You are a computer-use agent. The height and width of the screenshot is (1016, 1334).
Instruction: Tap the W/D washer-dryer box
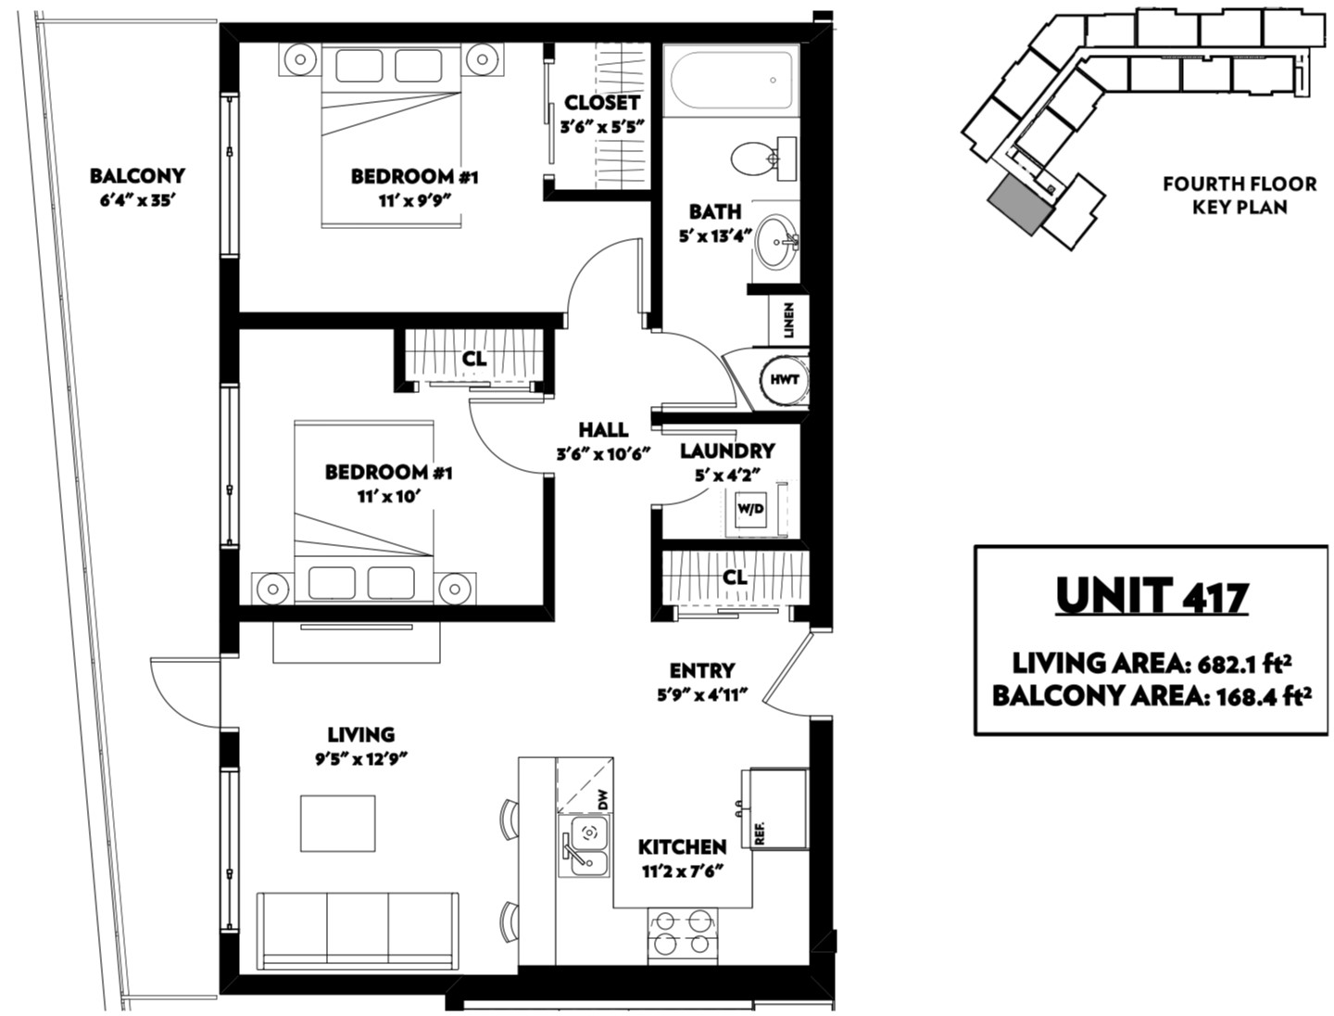[x=750, y=508]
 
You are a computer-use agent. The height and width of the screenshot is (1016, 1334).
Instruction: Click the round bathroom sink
[x=776, y=241]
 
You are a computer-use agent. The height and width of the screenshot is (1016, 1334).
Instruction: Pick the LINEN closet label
[x=789, y=321]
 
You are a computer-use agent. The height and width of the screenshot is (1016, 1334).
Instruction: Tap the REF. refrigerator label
[x=760, y=833]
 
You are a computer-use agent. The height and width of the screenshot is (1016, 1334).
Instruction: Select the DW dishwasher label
[x=603, y=802]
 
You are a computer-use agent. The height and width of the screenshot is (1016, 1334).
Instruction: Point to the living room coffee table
[x=338, y=823]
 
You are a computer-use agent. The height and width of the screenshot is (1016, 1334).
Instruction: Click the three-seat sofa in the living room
[x=358, y=931]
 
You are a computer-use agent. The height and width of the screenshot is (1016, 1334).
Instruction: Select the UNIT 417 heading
[x=1152, y=596]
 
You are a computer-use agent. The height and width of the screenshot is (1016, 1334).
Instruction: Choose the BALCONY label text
[x=137, y=176]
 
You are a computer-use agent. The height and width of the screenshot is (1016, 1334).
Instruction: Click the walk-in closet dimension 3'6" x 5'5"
[x=601, y=127]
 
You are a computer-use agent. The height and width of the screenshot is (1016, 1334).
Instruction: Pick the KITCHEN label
[x=682, y=847]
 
